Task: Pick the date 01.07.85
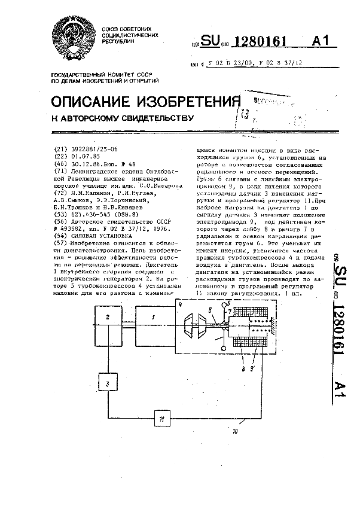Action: point(84,156)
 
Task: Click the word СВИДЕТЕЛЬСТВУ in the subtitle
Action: point(154,118)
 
